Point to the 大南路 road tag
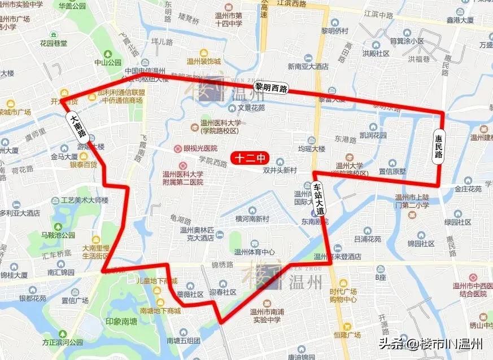pos(78,126)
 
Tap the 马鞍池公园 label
pos(58,235)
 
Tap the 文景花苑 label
pos(251,107)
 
